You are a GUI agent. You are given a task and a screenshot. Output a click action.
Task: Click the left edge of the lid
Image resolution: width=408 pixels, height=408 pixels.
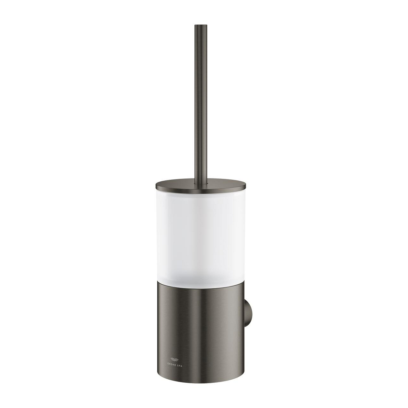click(156, 185)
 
